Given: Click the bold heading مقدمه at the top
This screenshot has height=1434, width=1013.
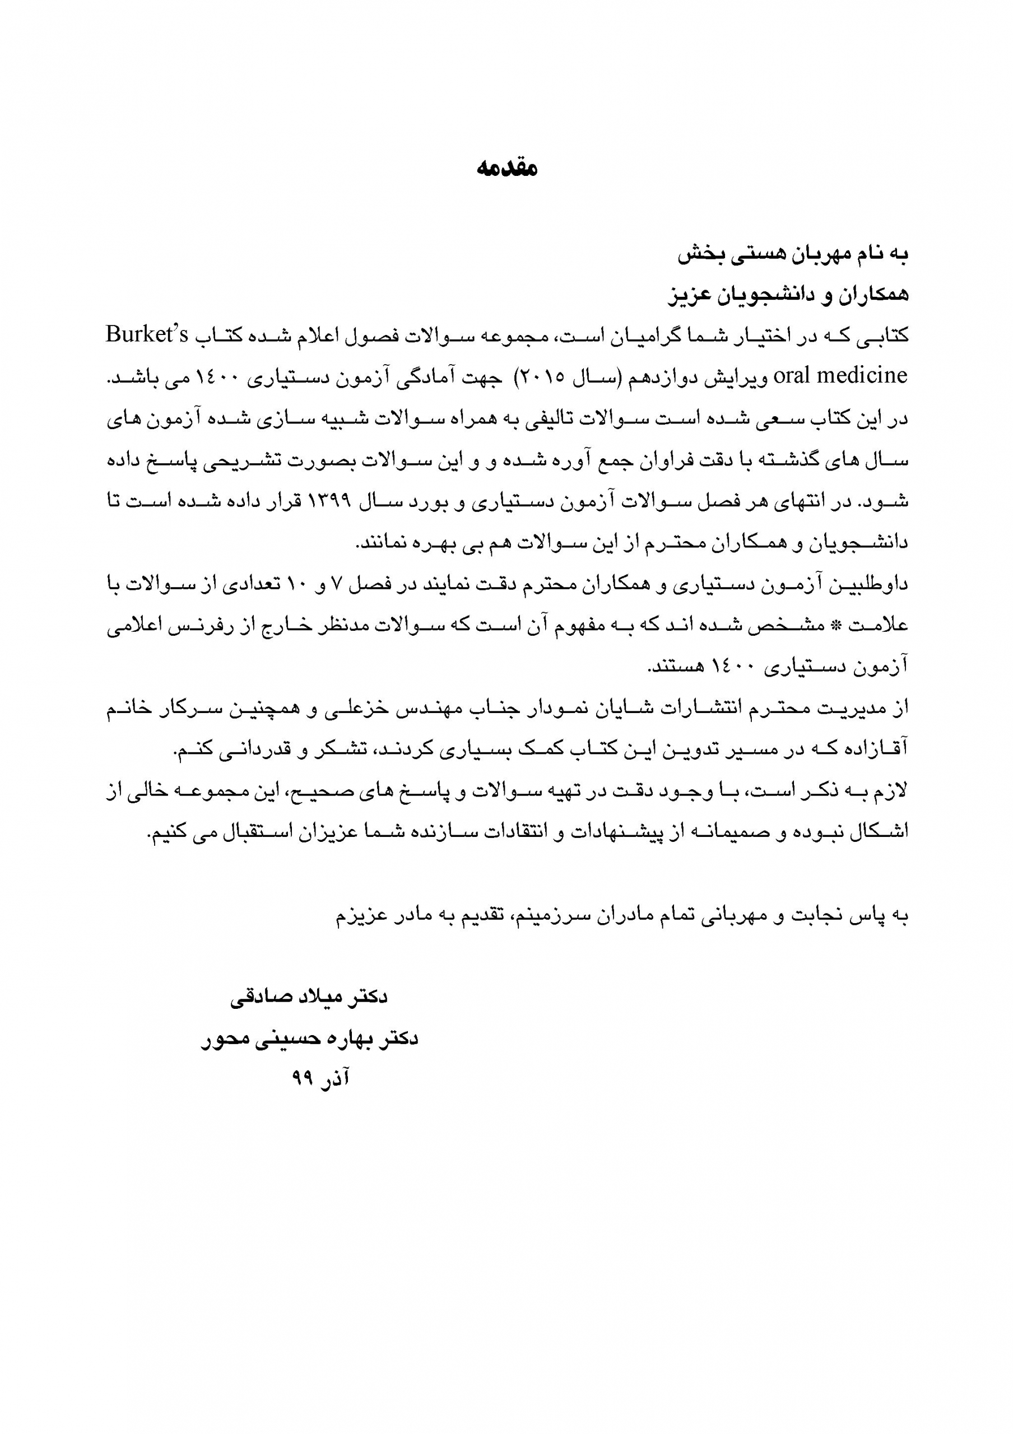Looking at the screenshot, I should [507, 169].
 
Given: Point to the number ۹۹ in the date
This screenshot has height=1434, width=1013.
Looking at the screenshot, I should [303, 1079].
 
